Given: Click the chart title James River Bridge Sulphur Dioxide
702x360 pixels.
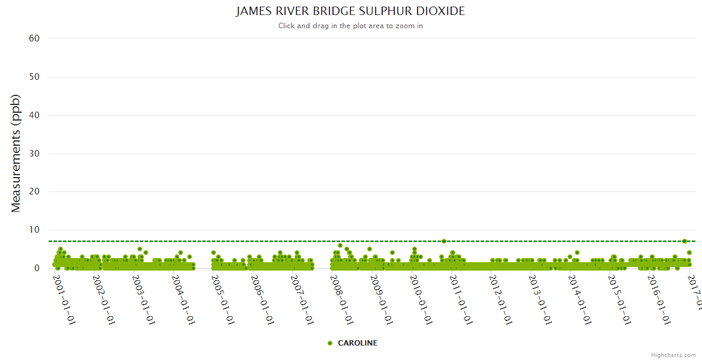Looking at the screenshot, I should pyautogui.click(x=350, y=11).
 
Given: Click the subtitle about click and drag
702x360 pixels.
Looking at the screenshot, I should pyautogui.click(x=350, y=26).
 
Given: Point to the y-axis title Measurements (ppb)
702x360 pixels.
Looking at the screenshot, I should pyautogui.click(x=16, y=153).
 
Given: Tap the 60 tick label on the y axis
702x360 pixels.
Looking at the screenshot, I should pyautogui.click(x=34, y=38).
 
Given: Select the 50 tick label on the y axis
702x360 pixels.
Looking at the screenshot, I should pyautogui.click(x=34, y=77).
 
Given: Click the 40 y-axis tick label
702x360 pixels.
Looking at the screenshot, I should pyautogui.click(x=34, y=115).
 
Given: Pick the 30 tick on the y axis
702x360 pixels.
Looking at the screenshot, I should pyautogui.click(x=34, y=154).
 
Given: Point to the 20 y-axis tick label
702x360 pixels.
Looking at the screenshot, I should pyautogui.click(x=34, y=192).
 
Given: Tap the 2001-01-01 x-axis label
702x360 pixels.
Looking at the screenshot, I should pyautogui.click(x=64, y=292).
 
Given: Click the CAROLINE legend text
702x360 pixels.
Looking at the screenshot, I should pyautogui.click(x=358, y=343).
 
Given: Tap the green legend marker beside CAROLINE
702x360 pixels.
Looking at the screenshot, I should pyautogui.click(x=330, y=343).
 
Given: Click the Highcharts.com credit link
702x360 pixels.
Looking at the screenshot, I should pyautogui.click(x=673, y=355).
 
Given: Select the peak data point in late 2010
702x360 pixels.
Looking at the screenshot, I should pyautogui.click(x=443, y=241).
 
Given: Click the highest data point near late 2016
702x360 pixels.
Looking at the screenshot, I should pyautogui.click(x=685, y=241).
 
